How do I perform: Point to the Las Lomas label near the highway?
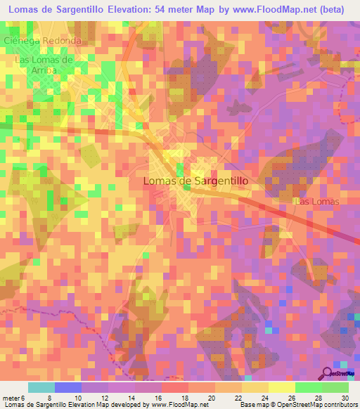(316, 202)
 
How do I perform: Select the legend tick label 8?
(49, 397)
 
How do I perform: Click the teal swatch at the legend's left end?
(41, 387)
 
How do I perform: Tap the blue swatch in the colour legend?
(68, 387)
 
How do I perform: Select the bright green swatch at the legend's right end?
(335, 387)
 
